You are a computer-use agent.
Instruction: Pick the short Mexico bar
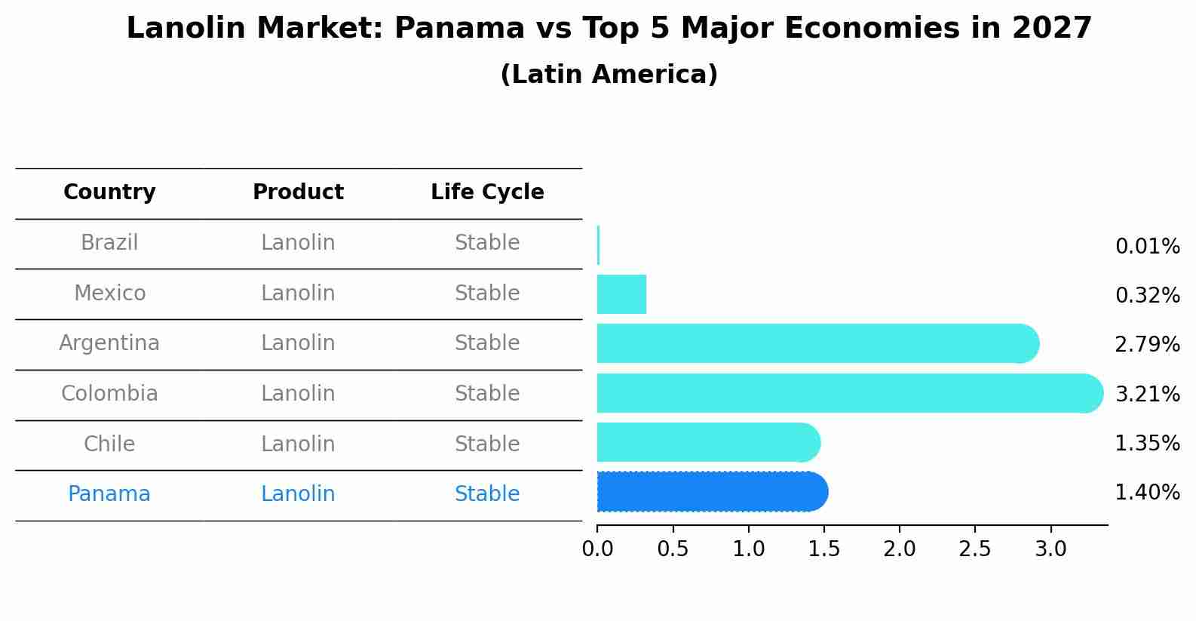tap(621, 294)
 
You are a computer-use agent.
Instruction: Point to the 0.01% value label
tap(1147, 247)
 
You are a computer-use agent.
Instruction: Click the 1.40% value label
tap(1147, 493)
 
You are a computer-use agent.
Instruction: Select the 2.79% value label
tap(1147, 345)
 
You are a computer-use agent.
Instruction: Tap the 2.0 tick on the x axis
tap(900, 549)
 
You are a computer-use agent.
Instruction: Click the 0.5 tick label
tap(673, 549)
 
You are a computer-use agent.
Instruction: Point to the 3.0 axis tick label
tap(1050, 549)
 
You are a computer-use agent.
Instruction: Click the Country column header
tap(109, 192)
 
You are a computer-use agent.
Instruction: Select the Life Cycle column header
tap(487, 192)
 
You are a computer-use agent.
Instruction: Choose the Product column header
tap(298, 192)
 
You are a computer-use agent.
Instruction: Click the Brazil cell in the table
tap(109, 243)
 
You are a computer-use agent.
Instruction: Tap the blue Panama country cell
tap(109, 494)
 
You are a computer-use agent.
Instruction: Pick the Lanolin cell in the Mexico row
tap(298, 294)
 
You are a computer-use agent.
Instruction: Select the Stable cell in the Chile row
tap(487, 444)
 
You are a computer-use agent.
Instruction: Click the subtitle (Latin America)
tap(609, 75)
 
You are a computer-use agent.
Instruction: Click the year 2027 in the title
tap(1051, 29)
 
